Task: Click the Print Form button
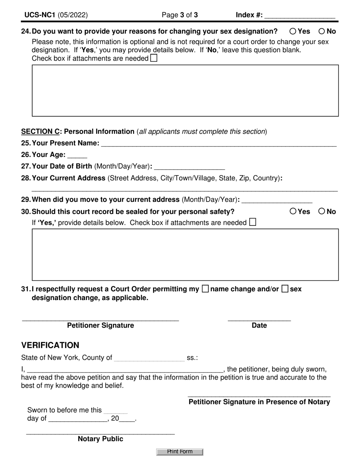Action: point(180,452)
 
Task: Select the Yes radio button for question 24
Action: point(293,31)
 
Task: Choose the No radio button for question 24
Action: point(322,31)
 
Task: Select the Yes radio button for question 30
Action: point(293,211)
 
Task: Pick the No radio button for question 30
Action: point(322,211)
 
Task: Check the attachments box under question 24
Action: point(154,58)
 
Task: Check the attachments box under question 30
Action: point(252,222)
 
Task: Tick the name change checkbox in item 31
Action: point(205,289)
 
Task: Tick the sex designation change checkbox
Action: point(285,289)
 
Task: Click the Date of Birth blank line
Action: point(189,167)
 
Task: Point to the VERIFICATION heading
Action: point(50,345)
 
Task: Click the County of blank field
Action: point(149,358)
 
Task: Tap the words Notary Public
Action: point(100,439)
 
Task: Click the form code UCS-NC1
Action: point(40,15)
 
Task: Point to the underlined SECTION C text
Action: point(41,132)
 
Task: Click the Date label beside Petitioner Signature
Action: point(259,325)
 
